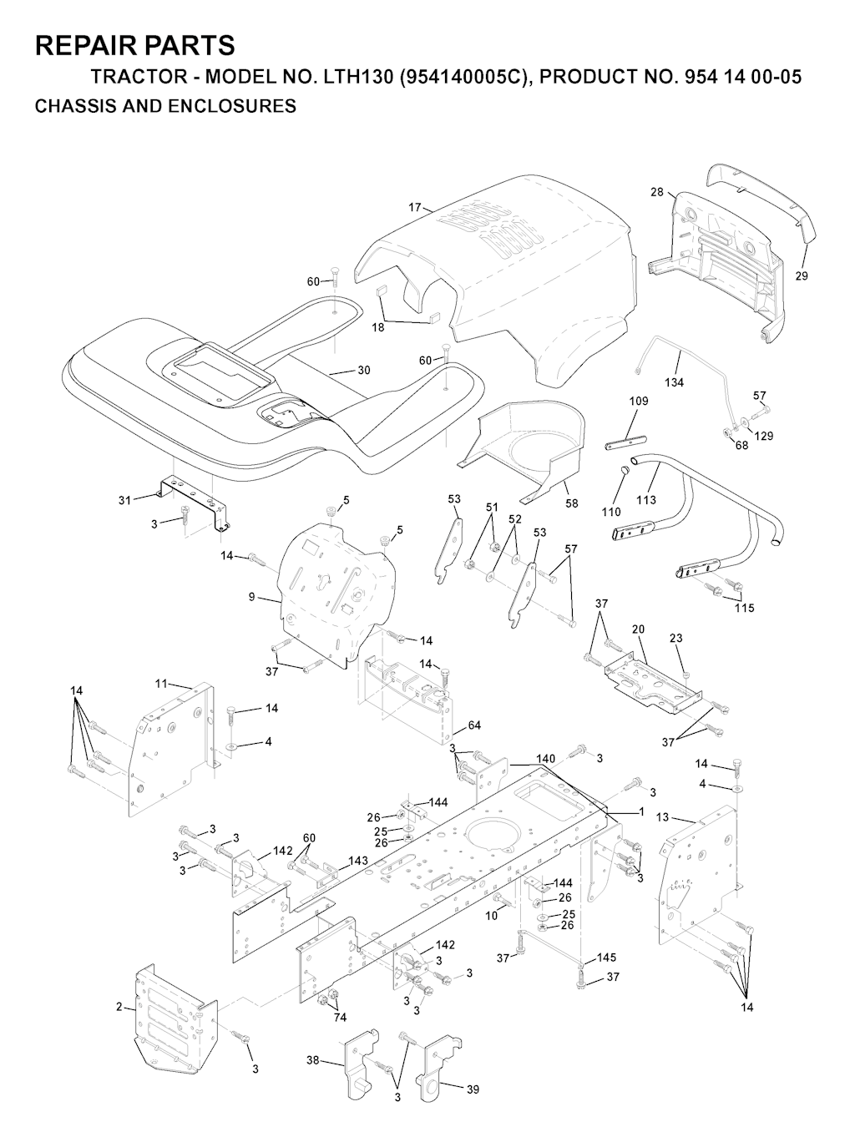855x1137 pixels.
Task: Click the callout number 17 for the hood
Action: click(x=415, y=207)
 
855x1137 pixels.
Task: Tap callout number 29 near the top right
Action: click(x=802, y=275)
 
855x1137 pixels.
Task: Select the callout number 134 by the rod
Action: click(x=674, y=382)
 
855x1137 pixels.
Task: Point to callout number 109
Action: click(x=639, y=401)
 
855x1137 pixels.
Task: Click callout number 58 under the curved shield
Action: click(x=572, y=503)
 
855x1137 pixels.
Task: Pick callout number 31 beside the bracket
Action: click(x=124, y=500)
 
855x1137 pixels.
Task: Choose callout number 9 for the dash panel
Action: click(x=251, y=597)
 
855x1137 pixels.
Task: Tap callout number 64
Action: click(x=474, y=725)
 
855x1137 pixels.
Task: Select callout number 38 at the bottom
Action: click(x=312, y=1061)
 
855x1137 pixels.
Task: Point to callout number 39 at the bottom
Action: click(x=473, y=1089)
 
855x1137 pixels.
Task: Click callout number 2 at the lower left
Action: click(x=119, y=1007)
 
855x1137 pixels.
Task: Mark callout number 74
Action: click(x=340, y=1017)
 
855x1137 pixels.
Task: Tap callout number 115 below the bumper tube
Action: click(x=744, y=608)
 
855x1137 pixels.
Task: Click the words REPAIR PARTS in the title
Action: click(x=135, y=45)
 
